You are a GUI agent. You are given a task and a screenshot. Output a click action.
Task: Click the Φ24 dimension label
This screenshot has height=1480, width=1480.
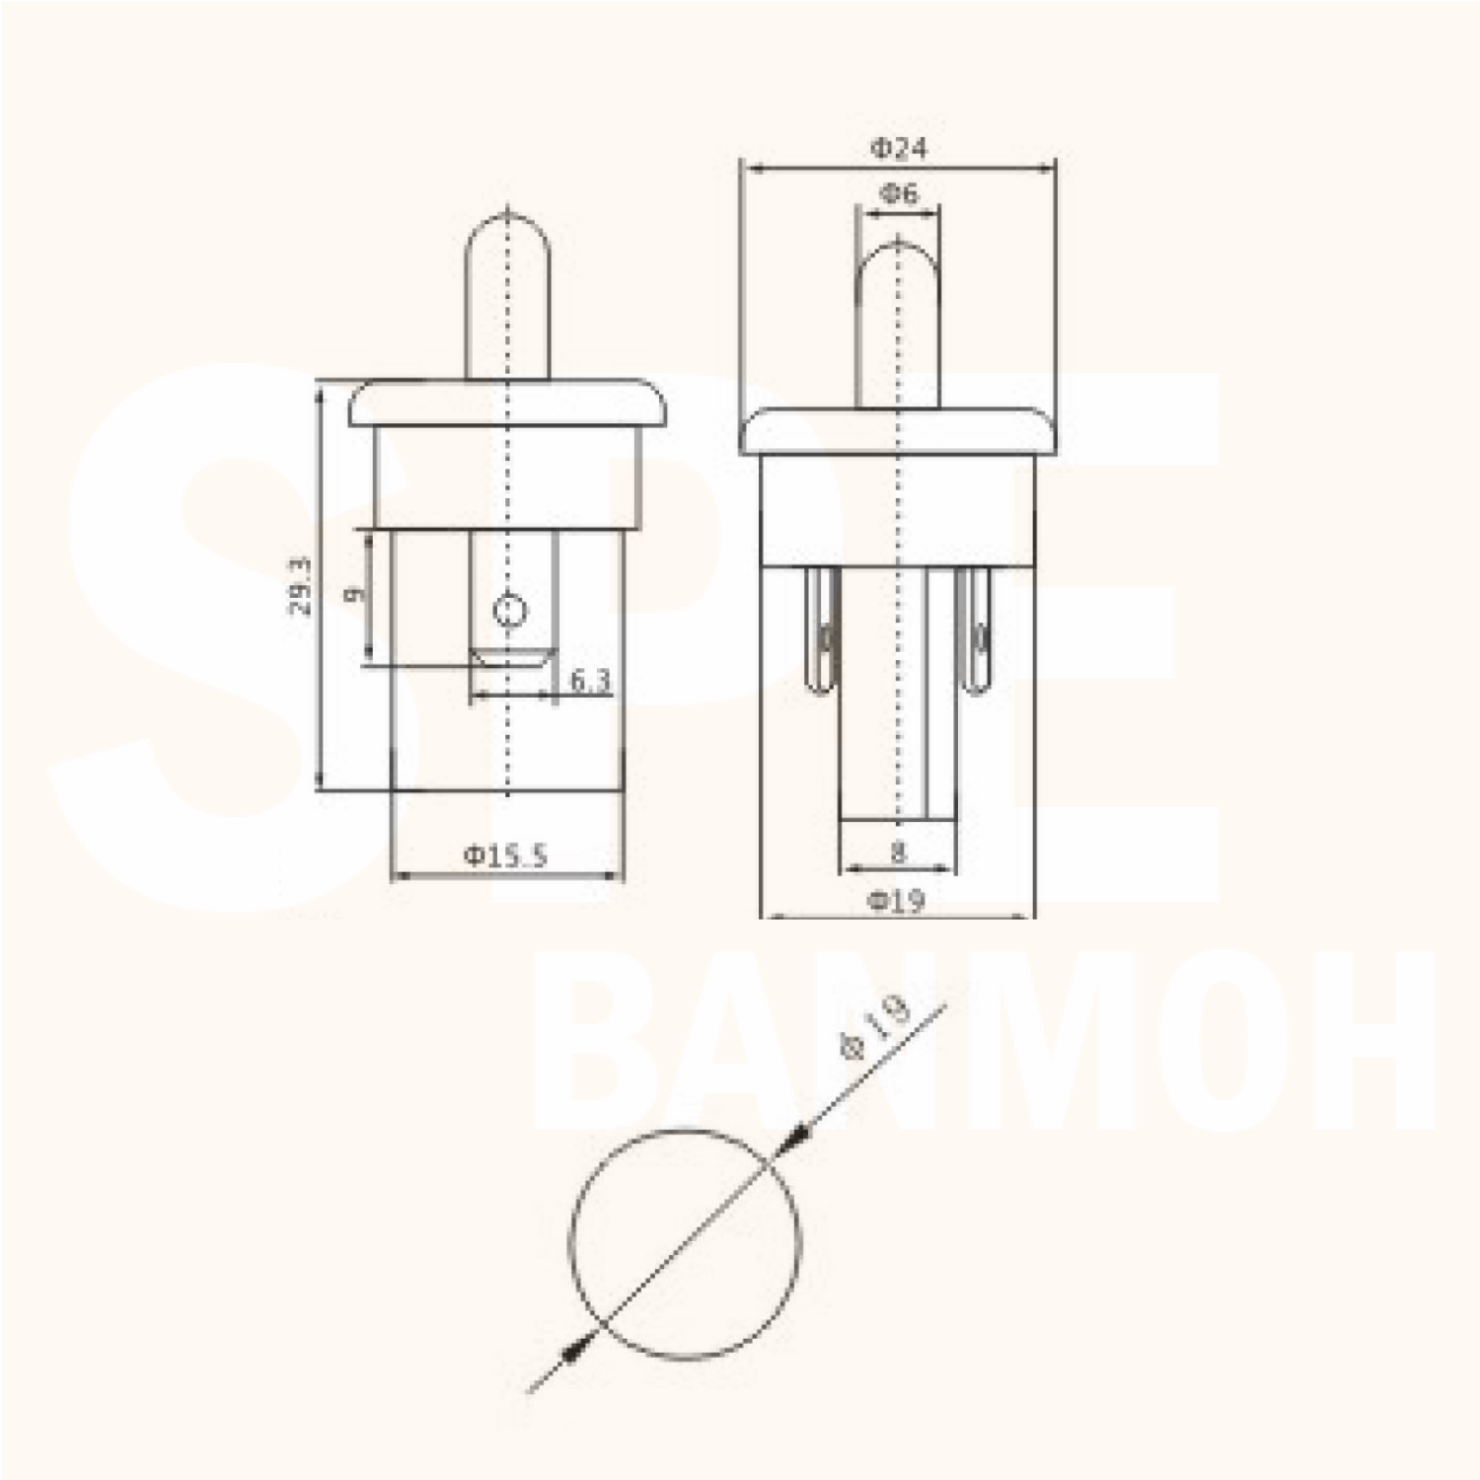(x=898, y=149)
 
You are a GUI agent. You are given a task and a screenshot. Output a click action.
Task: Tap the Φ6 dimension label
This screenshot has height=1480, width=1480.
(x=898, y=193)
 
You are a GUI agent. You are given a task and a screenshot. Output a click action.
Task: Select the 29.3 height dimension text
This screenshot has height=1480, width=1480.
(x=300, y=587)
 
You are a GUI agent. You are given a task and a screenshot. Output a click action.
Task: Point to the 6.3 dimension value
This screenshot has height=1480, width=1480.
(x=590, y=680)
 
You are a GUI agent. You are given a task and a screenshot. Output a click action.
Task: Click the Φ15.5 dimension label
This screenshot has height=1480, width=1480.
(x=505, y=855)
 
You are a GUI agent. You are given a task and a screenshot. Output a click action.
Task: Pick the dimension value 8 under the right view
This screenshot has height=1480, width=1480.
(x=898, y=851)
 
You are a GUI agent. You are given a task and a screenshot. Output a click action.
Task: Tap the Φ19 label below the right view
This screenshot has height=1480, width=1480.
(x=897, y=900)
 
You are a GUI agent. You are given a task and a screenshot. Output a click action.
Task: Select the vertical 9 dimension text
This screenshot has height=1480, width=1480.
(x=354, y=593)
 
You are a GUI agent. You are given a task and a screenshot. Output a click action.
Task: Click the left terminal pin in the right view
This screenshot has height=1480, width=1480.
(x=822, y=631)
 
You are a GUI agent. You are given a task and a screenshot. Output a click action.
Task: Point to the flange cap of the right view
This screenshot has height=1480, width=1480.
(x=898, y=431)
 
